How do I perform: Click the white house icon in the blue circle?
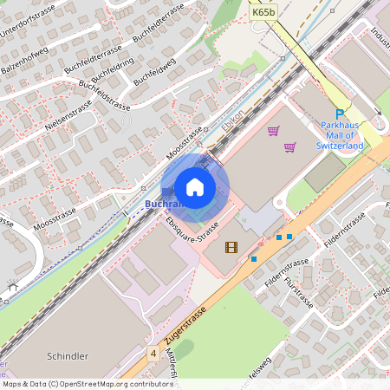point(195,187)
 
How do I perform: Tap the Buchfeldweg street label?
point(157,68)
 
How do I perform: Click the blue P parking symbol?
point(341,114)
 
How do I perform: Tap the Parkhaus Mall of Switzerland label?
point(341,136)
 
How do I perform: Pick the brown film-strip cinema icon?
point(231,247)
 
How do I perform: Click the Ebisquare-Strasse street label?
point(191,231)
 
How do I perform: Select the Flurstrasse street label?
point(296,292)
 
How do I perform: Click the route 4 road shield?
point(153,354)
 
